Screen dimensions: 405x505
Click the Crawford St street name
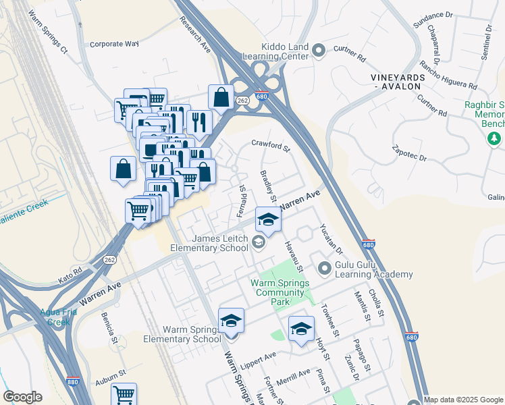(x=270, y=144)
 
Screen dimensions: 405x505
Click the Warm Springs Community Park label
(x=278, y=292)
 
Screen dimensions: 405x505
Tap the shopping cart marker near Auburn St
(x=124, y=394)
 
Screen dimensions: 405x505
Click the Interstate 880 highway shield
(x=75, y=382)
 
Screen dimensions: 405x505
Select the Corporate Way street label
(x=113, y=44)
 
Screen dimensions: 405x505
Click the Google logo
(x=23, y=397)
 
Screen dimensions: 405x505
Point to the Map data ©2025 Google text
(x=463, y=400)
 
